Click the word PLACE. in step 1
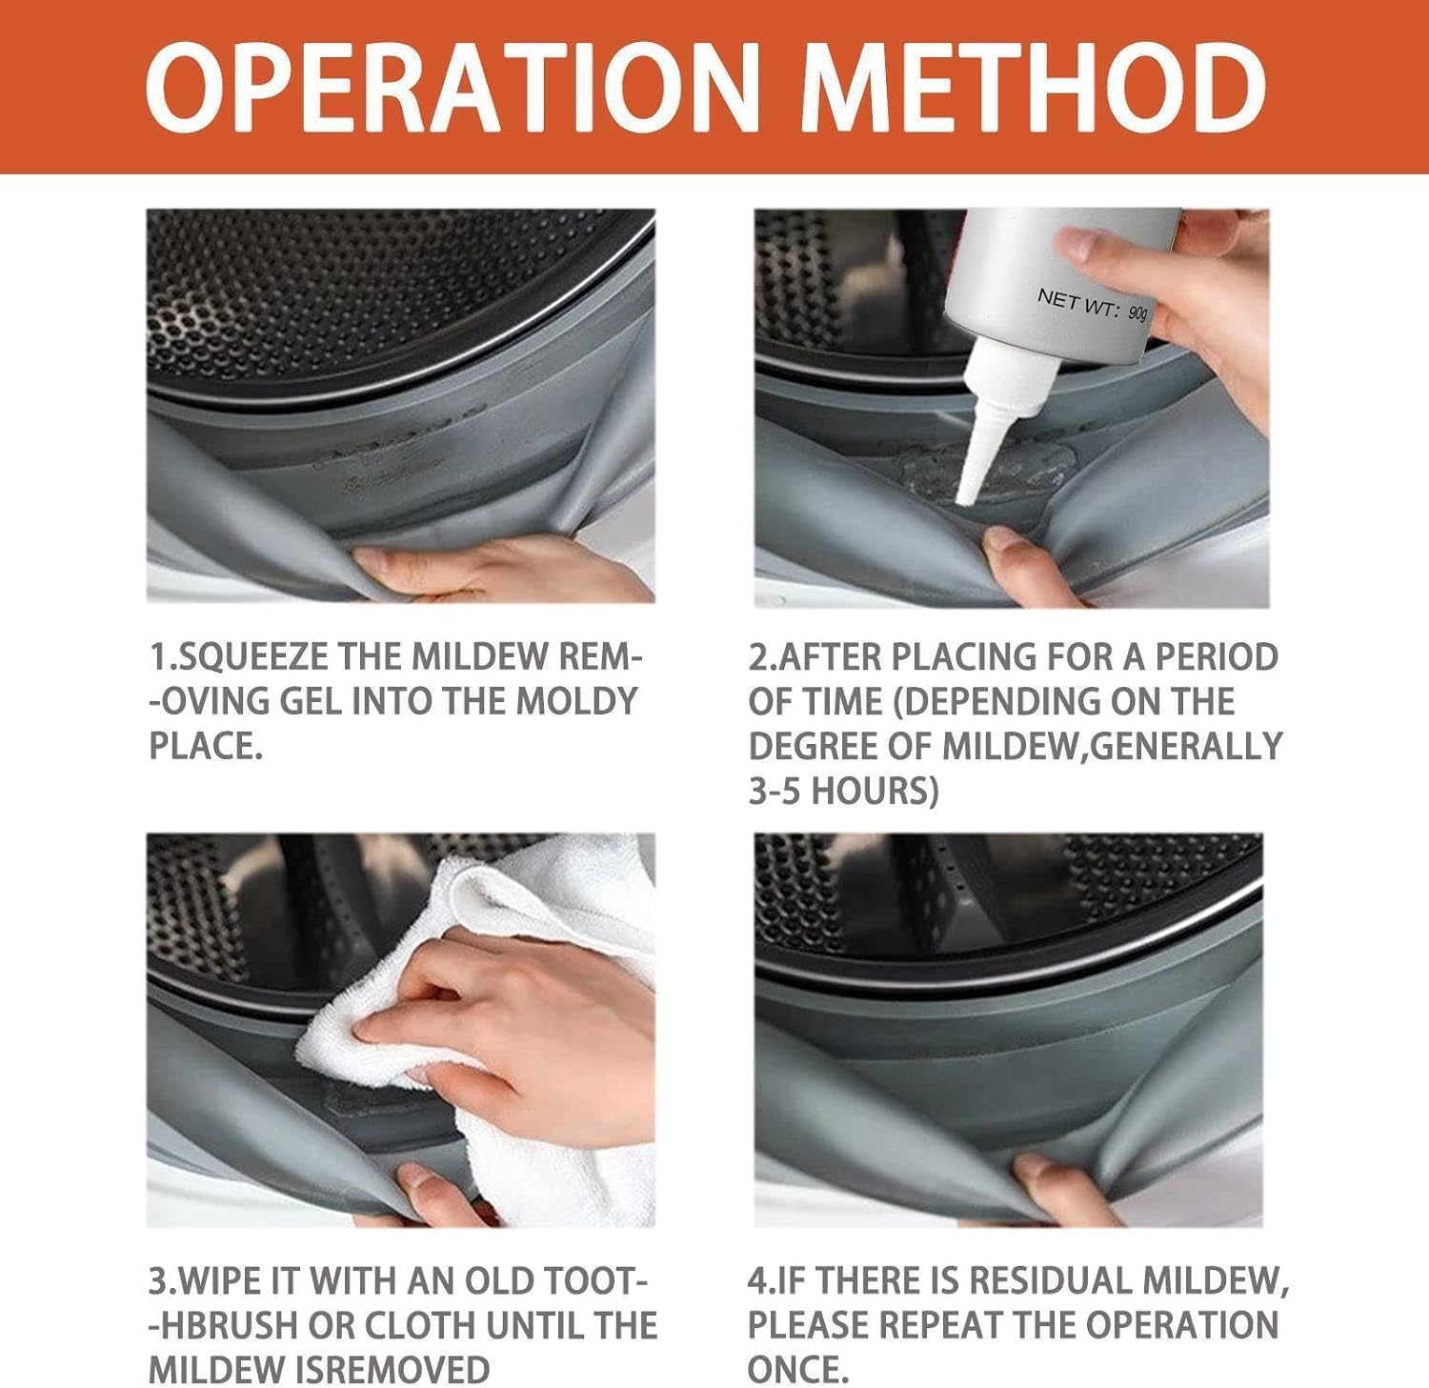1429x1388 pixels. (x=206, y=746)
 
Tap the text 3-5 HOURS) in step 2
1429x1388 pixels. (x=843, y=791)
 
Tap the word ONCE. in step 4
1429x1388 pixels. (x=797, y=1370)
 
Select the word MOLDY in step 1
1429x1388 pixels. (x=576, y=701)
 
